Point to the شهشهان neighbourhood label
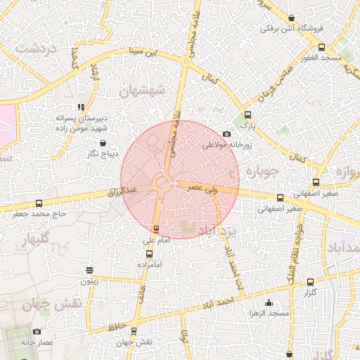141,91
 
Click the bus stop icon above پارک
247,115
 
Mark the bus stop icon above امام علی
156,229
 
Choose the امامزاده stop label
149,264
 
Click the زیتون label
89,281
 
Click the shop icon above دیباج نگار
103,142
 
